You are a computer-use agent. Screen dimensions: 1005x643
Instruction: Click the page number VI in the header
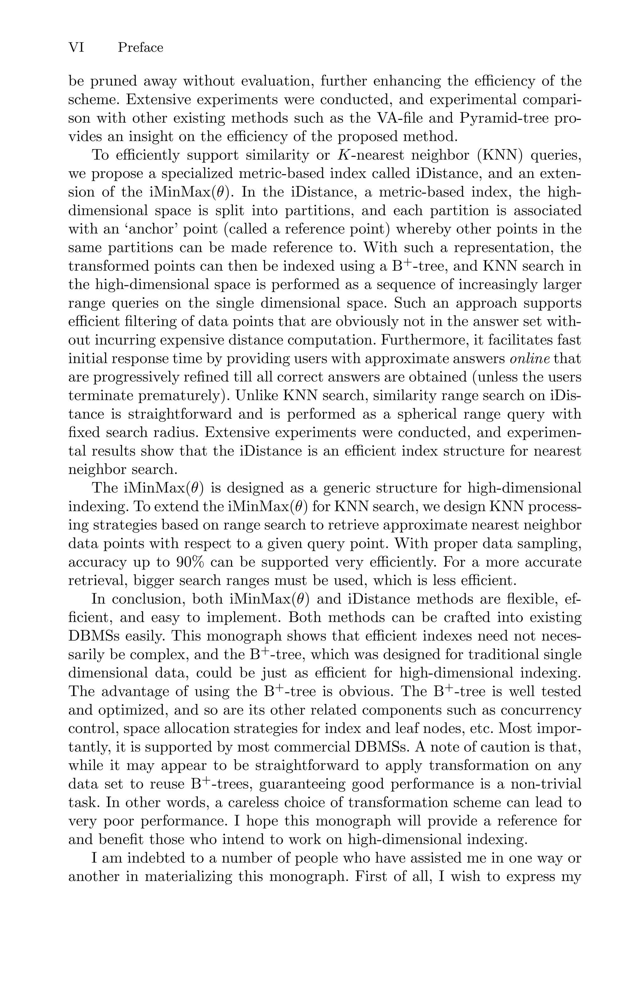coord(76,48)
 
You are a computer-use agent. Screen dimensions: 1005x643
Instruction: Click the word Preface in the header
coord(140,48)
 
